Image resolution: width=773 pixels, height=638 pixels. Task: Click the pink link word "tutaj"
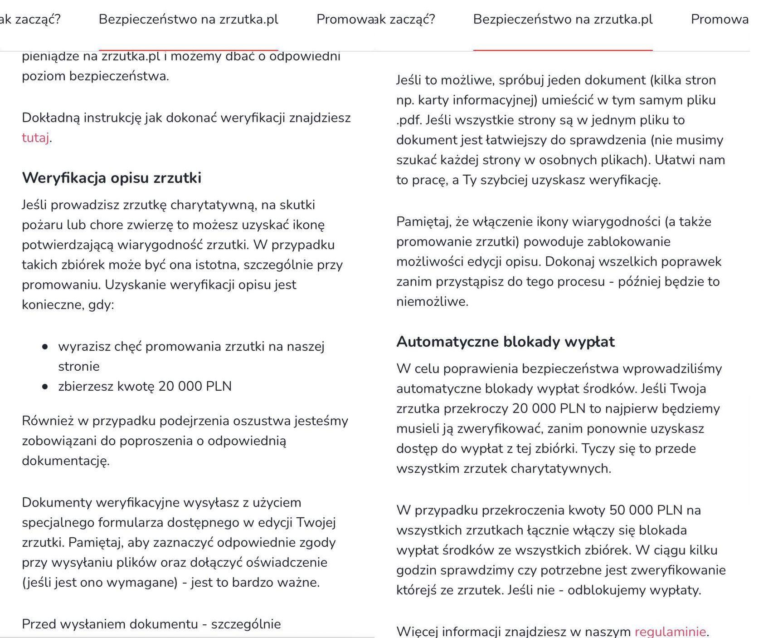point(35,138)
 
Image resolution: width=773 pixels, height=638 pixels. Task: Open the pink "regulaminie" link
point(670,631)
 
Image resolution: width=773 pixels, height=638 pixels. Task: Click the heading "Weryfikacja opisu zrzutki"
point(112,178)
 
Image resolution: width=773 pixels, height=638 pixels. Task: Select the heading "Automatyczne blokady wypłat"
point(506,342)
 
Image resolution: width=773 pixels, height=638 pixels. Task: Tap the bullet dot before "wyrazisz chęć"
point(44,347)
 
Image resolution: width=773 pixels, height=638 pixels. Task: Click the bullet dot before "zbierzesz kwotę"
point(44,387)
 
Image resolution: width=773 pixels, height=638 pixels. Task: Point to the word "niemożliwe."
point(432,302)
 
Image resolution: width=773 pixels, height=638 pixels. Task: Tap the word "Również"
point(48,421)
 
